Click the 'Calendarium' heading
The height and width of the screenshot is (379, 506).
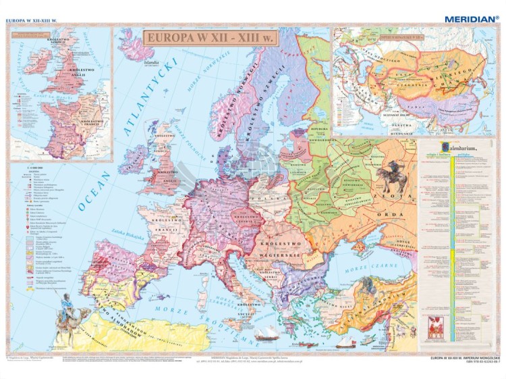click(x=446, y=147)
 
